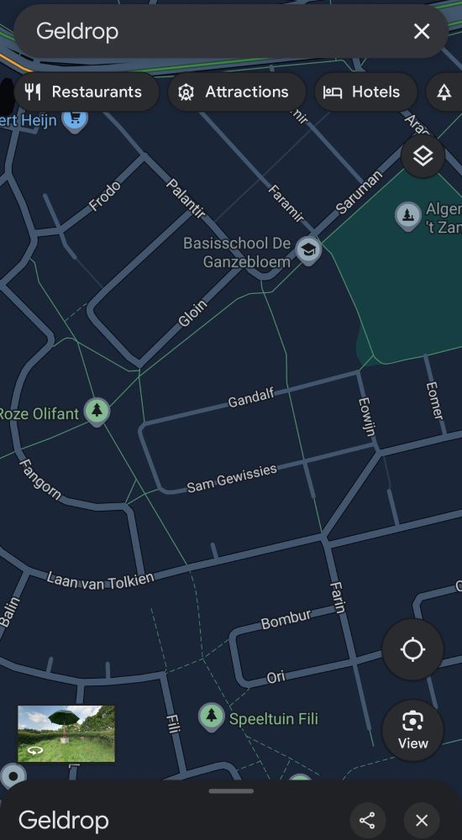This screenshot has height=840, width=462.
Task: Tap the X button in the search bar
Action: [x=422, y=32]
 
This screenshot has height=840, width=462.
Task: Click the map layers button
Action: [x=423, y=156]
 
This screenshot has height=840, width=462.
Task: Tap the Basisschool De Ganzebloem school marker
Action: [x=309, y=249]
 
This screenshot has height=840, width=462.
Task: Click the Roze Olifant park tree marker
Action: [x=97, y=411]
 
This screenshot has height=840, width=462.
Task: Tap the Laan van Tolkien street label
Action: [x=100, y=580]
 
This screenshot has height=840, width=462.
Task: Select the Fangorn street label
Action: [x=39, y=479]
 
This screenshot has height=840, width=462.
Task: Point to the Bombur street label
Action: [x=286, y=619]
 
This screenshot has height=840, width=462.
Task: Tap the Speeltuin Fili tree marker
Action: [x=211, y=717]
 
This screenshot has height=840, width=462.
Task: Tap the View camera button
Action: [x=412, y=730]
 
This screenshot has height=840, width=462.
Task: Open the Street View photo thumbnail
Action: [x=66, y=734]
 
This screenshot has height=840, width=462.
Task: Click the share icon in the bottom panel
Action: [x=367, y=821]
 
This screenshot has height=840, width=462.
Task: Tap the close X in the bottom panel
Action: [x=422, y=821]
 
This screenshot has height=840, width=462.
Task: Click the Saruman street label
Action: [x=360, y=193]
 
